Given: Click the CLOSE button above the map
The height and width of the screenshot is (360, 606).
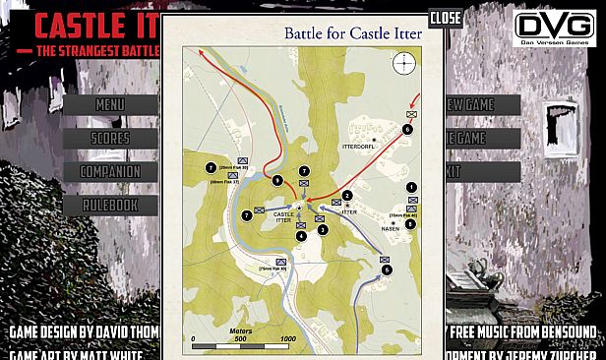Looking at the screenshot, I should click(446, 17).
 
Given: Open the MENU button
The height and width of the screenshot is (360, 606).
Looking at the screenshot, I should click(110, 104).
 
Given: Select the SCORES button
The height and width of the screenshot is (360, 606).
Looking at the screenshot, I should click(110, 139).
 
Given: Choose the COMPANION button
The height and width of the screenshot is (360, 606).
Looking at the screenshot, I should click(110, 172).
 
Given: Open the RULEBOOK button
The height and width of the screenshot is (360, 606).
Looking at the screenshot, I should click(110, 205).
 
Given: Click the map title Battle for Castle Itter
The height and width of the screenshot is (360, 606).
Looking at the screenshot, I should click(353, 33).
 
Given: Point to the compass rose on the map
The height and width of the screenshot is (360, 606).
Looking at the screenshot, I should click(404, 64).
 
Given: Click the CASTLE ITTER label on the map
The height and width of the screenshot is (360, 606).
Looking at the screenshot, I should click(283, 217).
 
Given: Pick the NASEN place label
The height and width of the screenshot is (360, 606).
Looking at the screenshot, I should click(389, 228).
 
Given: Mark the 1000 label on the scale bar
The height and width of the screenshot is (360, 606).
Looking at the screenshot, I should click(288, 338).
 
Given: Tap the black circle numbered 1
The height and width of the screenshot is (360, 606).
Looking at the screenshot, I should click(411, 187).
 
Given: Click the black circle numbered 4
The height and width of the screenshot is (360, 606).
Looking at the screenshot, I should click(301, 235).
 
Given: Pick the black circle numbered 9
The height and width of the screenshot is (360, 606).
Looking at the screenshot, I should click(278, 180).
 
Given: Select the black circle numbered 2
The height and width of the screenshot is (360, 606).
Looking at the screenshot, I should click(347, 196).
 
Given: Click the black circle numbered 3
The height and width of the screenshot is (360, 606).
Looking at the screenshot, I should click(322, 229).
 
